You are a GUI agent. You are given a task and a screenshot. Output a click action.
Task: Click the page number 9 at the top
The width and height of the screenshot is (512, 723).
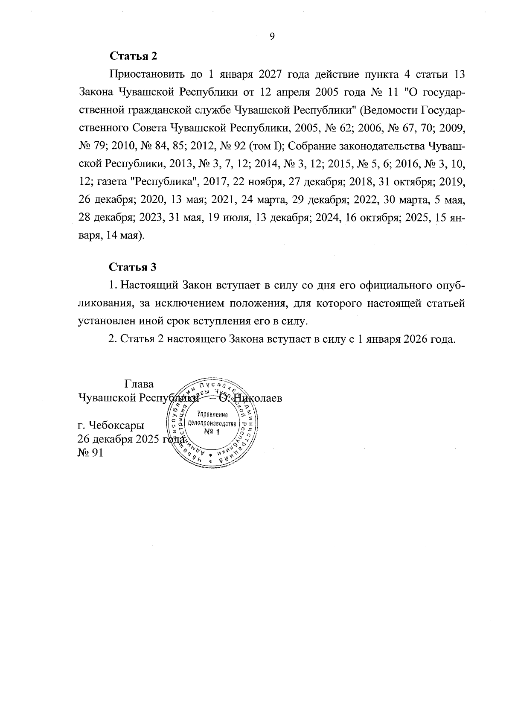(272, 36)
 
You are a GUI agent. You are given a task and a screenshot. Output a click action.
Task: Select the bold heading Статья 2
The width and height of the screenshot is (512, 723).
(134, 56)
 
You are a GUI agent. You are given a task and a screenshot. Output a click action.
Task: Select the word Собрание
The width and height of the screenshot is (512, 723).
(312, 146)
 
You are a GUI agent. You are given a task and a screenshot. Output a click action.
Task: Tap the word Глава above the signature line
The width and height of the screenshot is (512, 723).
(139, 384)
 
